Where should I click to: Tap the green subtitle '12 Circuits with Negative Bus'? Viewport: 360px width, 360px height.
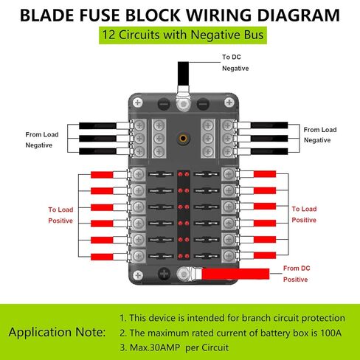point(183,35)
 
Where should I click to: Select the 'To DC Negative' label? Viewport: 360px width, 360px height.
point(235,63)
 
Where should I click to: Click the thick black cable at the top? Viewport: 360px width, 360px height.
point(183,73)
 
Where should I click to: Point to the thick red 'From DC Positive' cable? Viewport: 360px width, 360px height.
point(235,274)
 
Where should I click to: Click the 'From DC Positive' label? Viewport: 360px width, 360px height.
point(297,274)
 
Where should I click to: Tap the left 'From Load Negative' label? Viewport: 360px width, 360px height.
point(42,139)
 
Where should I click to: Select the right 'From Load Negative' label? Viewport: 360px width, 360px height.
point(320,135)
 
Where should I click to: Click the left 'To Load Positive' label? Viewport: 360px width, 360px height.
point(60,215)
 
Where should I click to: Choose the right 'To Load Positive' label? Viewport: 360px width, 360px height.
point(304,214)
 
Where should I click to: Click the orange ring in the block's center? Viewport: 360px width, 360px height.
point(183,139)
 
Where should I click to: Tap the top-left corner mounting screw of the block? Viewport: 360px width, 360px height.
point(138,103)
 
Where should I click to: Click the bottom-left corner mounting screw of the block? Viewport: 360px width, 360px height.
point(138,275)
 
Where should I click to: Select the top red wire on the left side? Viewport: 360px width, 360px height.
point(102,175)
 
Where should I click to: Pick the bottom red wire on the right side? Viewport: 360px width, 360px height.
point(265,255)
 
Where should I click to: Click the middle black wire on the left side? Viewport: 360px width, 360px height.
point(97,139)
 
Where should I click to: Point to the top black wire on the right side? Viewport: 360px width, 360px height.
point(269,125)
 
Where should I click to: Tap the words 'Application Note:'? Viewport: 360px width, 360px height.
point(57,332)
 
